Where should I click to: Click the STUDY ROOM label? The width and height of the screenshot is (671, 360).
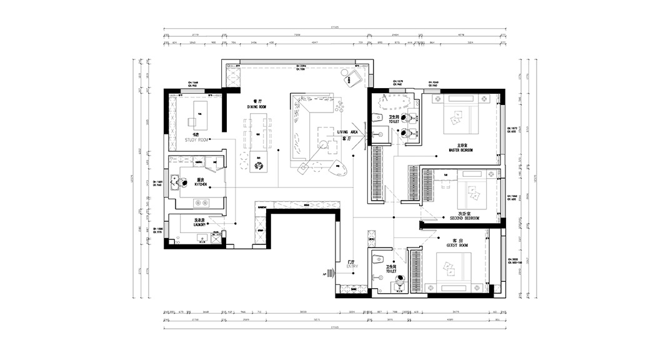196,140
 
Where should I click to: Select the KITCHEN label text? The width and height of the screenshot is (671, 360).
200,185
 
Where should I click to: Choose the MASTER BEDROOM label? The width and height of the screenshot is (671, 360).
460,151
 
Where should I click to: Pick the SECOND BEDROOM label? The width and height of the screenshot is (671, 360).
464,218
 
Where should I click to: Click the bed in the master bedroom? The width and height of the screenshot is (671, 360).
460,116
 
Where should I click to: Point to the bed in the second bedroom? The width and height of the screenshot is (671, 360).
473,193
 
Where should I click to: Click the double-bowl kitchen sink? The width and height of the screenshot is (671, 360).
202,202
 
